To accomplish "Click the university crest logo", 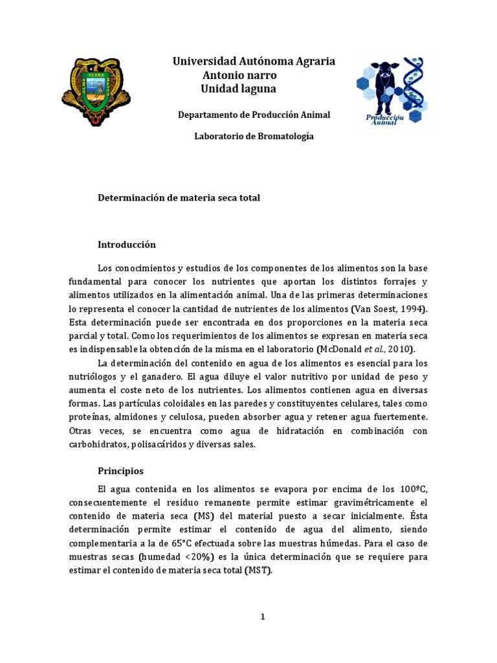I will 96,91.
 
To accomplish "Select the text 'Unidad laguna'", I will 238,89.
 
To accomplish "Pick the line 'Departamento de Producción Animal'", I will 254,115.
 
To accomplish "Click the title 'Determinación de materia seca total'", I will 179,198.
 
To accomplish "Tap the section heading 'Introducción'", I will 127,245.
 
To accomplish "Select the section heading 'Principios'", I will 120,471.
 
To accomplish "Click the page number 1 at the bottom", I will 263,617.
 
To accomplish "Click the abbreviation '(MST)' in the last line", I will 258,571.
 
